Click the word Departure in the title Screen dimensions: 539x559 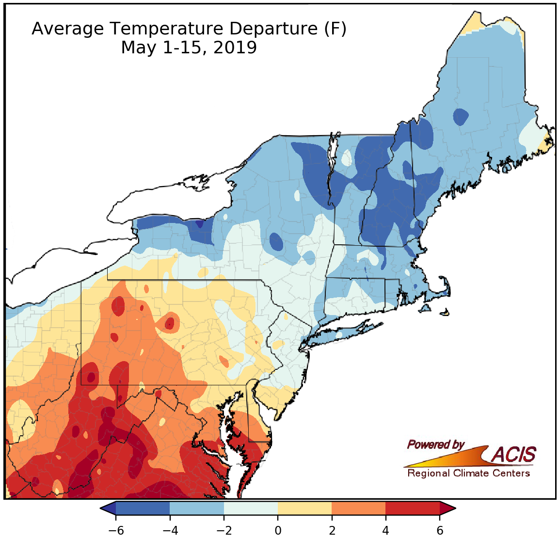pos(273,29)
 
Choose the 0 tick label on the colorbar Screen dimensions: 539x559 pos(278,530)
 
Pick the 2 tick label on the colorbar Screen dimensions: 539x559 pos(332,530)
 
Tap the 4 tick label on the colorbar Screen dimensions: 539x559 pos(385,530)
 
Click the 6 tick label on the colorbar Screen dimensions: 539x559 pos(440,530)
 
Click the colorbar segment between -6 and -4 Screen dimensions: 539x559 pos(143,508)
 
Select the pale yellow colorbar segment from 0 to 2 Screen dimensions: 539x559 pos(305,508)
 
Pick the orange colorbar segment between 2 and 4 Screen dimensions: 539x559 pos(359,508)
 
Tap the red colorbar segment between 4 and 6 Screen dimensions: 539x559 pos(413,508)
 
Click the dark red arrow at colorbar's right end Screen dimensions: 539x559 pos(447,508)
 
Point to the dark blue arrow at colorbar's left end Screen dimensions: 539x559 pos(108,508)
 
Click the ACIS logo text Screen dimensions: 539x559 pos(514,455)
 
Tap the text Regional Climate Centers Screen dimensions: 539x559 pos(468,473)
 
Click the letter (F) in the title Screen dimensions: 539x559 pos(335,29)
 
